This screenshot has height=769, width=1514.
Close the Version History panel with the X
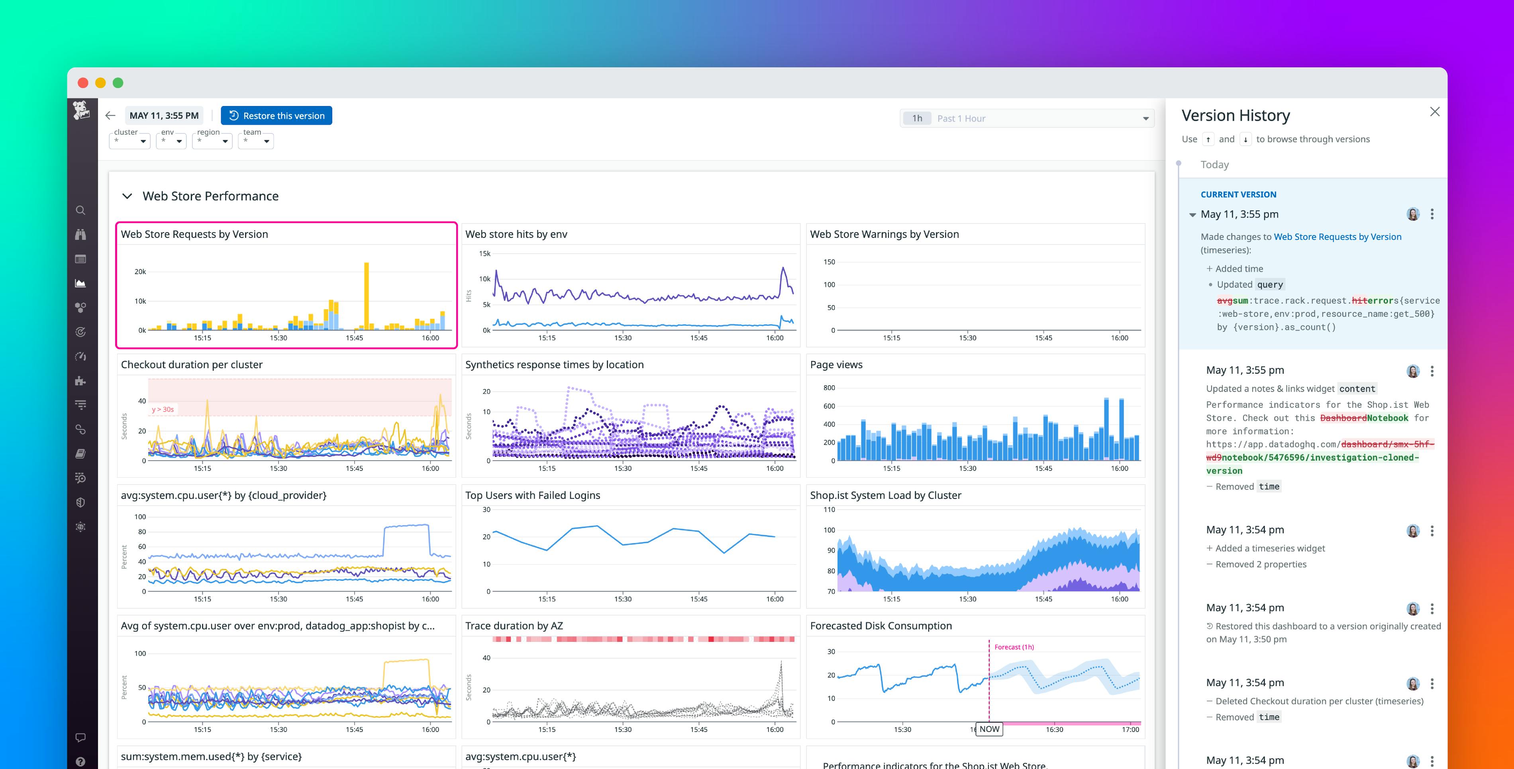click(1435, 112)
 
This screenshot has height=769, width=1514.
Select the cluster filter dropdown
click(130, 141)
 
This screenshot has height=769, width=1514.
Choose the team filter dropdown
click(256, 141)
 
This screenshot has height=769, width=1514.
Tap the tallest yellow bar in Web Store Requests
click(367, 294)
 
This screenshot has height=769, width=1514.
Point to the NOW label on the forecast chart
click(989, 729)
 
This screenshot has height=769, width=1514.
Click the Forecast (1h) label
click(1014, 647)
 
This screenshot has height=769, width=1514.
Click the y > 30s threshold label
click(163, 409)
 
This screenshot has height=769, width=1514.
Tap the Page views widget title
click(836, 365)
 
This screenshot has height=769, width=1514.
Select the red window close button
click(83, 83)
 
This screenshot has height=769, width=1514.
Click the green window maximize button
click(118, 83)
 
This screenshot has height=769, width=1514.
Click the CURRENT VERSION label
click(1238, 194)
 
